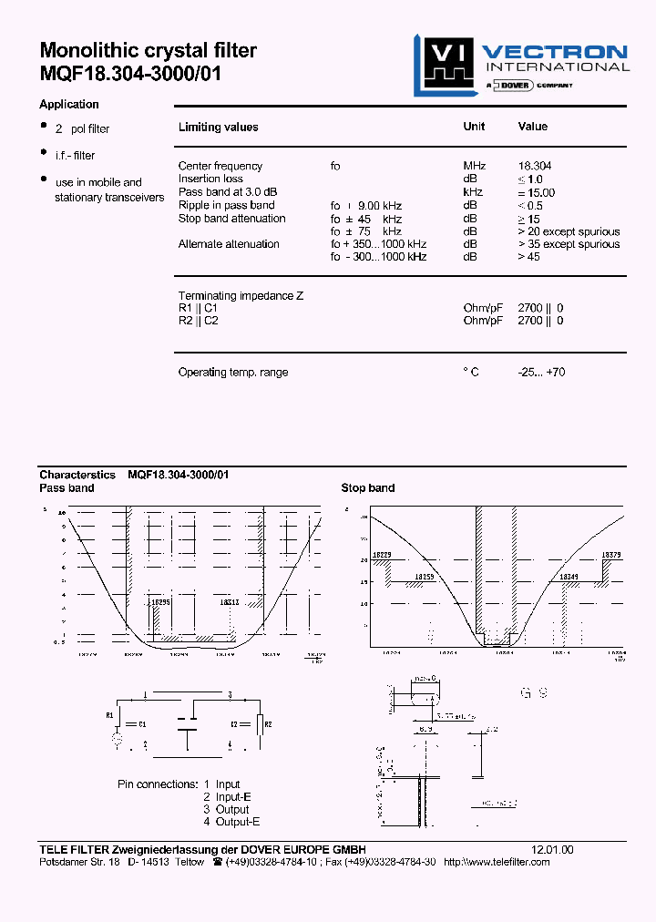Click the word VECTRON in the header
(554, 52)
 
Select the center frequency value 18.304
(535, 166)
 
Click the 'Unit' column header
(474, 127)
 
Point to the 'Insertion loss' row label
(210, 179)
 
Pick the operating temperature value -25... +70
(541, 373)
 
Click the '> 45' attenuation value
(528, 257)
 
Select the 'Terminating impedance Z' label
(241, 296)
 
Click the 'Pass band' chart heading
(67, 488)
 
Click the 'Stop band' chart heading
(368, 488)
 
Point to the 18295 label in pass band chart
(161, 602)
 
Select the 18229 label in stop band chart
(383, 555)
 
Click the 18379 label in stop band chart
(611, 555)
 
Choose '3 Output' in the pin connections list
(226, 809)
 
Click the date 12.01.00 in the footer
(553, 849)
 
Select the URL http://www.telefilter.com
(497, 862)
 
